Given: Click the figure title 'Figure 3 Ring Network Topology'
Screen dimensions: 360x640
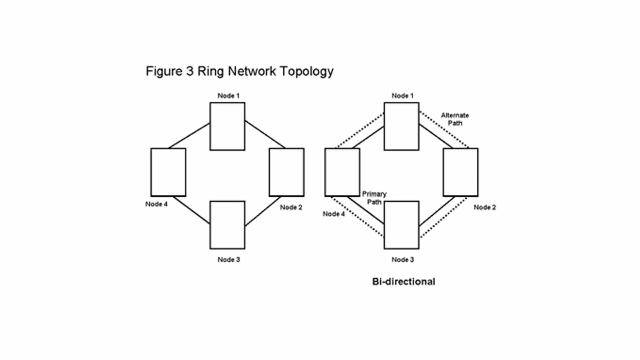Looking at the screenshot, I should point(239,71).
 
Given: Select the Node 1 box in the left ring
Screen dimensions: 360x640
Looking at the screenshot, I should point(227,126).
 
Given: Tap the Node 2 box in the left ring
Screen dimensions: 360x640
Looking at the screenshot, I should point(287,172).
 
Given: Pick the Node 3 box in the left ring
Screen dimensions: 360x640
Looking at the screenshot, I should point(227,225).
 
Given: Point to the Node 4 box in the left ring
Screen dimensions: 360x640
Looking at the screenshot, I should point(168,172).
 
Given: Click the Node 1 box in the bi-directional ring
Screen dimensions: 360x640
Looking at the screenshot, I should point(401,126).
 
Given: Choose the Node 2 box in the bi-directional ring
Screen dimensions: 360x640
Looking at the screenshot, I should point(461,172).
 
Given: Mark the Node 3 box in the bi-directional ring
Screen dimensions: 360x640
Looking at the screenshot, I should point(401,225).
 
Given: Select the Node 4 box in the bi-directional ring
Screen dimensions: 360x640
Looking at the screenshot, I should point(342,172).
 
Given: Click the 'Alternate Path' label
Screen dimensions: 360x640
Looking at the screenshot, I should point(455,119).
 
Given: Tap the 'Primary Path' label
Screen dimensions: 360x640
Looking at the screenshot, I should point(374,198).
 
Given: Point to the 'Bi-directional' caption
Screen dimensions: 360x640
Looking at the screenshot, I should point(403,282).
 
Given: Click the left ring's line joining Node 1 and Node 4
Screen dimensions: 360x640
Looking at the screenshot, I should point(189,136).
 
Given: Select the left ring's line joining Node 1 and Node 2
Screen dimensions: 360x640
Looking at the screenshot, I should point(265,134).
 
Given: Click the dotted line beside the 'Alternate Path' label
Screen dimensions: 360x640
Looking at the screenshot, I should point(444,130).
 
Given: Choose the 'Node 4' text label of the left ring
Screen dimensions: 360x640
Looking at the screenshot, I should point(156,204).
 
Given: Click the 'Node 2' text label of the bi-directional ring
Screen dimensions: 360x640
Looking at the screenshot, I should point(485,207).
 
